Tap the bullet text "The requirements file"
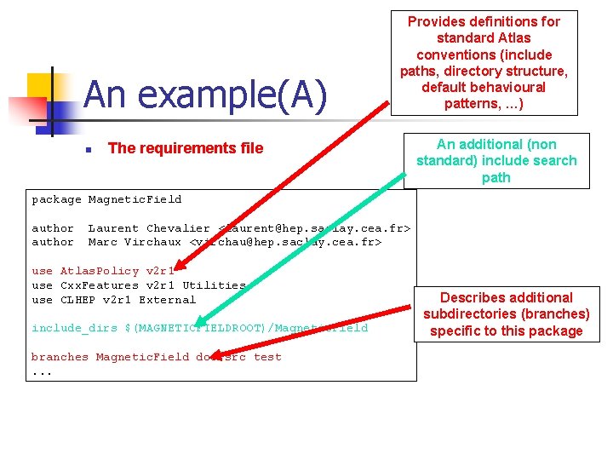pos(186,148)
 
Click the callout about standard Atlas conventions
pos(483,63)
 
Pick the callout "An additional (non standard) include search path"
pos(496,161)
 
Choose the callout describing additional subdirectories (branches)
pos(506,314)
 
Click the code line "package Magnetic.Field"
pos(106,199)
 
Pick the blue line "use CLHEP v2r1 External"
pos(113,300)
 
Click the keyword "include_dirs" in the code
pos(74,328)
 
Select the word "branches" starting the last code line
pos(60,357)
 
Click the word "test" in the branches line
pos(267,357)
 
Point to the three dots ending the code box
pos(42,372)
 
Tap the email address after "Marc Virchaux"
pos(285,242)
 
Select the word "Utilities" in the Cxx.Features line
pos(214,285)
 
